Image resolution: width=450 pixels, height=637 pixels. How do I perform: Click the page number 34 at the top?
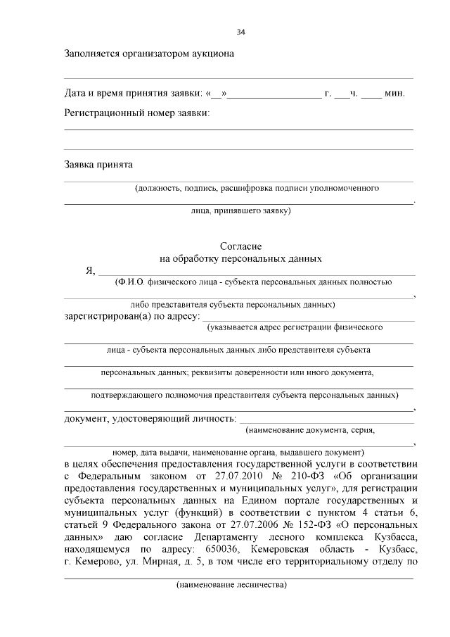pyautogui.click(x=240, y=32)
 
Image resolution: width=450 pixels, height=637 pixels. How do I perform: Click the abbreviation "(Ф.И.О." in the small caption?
pyautogui.click(x=131, y=282)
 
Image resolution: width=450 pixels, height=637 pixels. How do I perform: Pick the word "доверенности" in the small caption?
pyautogui.click(x=274, y=372)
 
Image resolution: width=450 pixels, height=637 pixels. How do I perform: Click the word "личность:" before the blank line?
pyautogui.click(x=210, y=419)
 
